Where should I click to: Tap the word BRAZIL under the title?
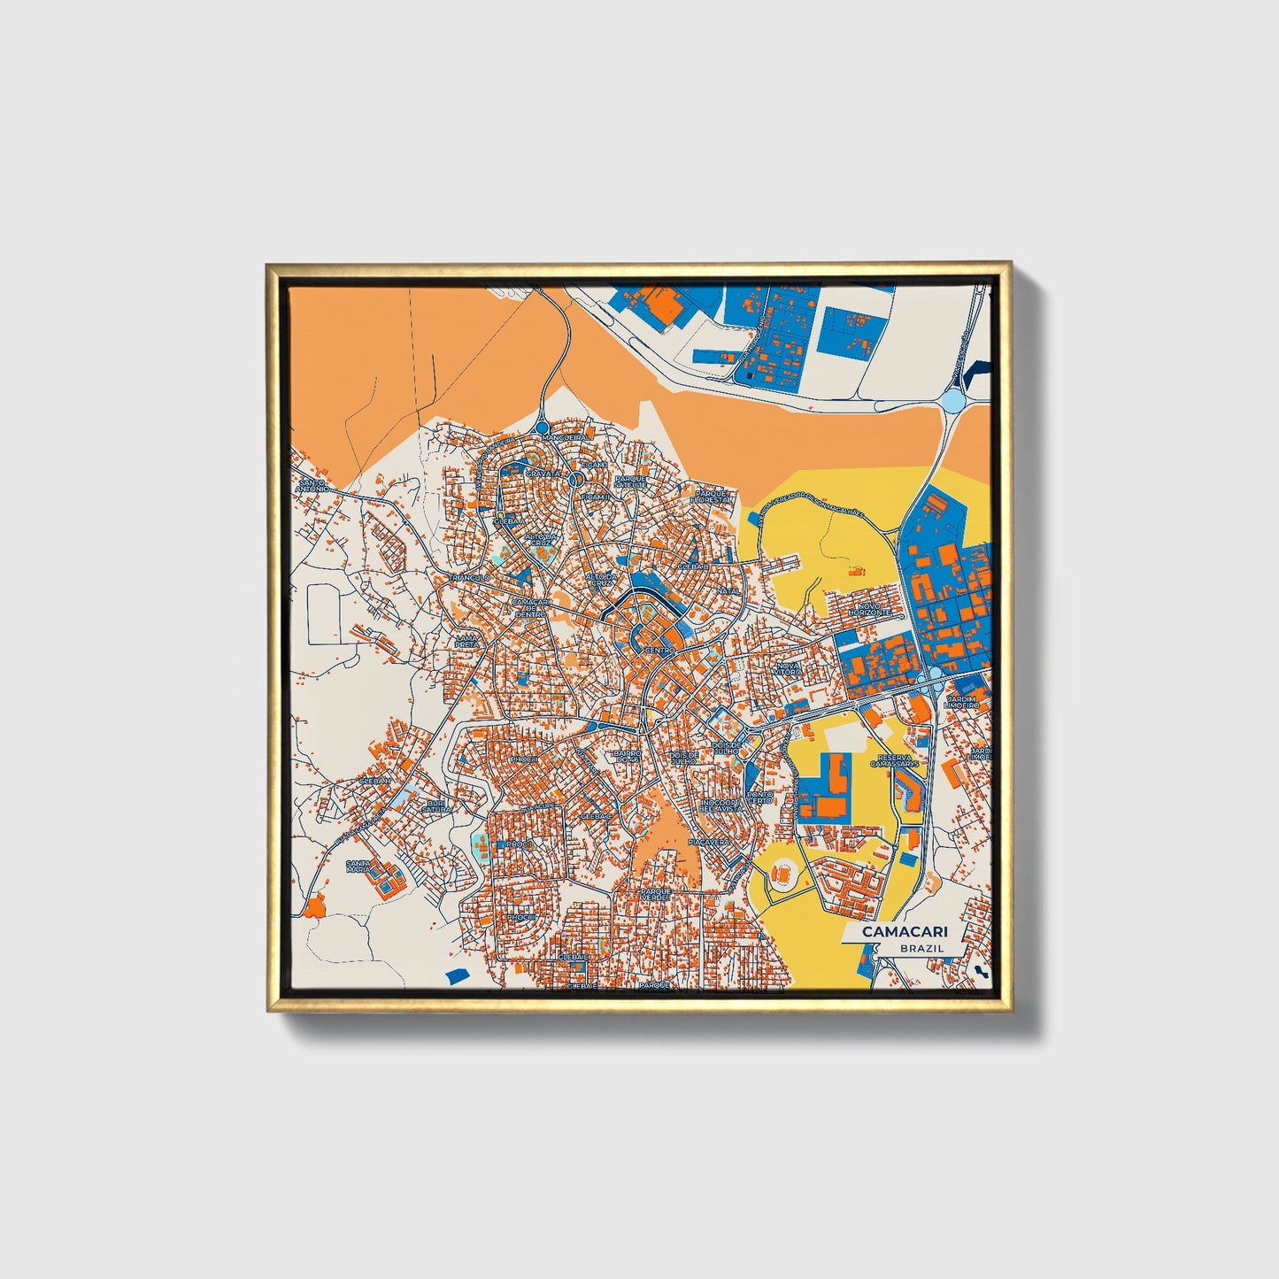pyautogui.click(x=921, y=948)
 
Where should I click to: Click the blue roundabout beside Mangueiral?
pyautogui.click(x=542, y=428)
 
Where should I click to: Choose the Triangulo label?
pyautogui.click(x=470, y=577)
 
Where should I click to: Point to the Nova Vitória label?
pyautogui.click(x=788, y=669)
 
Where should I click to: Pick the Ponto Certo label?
pyautogui.click(x=759, y=798)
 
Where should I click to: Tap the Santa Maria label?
pyautogui.click(x=358, y=867)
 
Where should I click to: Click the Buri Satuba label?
pyautogui.click(x=435, y=806)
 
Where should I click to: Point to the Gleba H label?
pyautogui.click(x=375, y=782)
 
